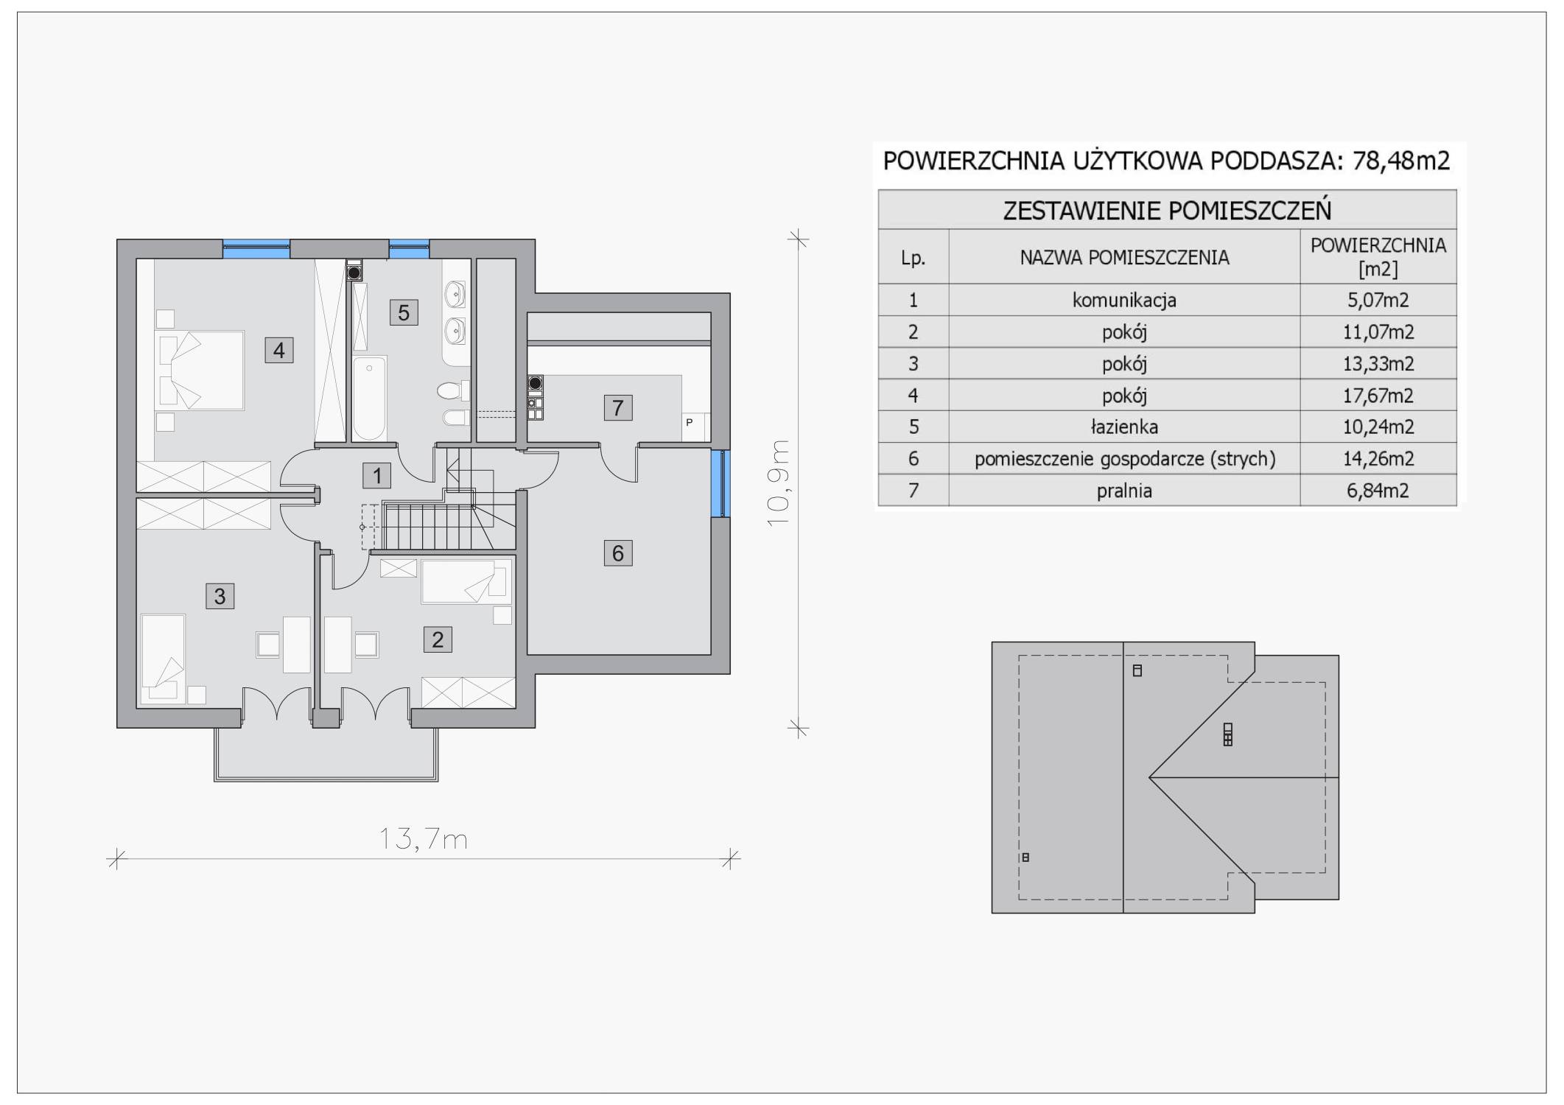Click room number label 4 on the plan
[x=279, y=350]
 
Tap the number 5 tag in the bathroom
[x=404, y=312]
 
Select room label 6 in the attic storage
[x=618, y=552]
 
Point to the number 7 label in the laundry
[x=618, y=407]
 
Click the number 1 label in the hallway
[x=377, y=476]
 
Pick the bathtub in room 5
[x=368, y=398]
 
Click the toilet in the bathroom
[x=452, y=389]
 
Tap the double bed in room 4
[x=199, y=370]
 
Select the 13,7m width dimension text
[x=424, y=838]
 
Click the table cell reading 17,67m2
[x=1378, y=396]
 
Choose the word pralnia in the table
[x=1124, y=491]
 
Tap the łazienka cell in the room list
[x=1124, y=427]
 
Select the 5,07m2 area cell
[x=1378, y=301]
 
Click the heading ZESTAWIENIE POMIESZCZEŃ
[x=1168, y=211]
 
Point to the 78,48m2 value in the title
[x=1401, y=161]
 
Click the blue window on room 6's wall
[x=719, y=483]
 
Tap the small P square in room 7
[x=690, y=423]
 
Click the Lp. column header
[x=913, y=258]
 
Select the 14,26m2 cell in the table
[x=1378, y=459]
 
